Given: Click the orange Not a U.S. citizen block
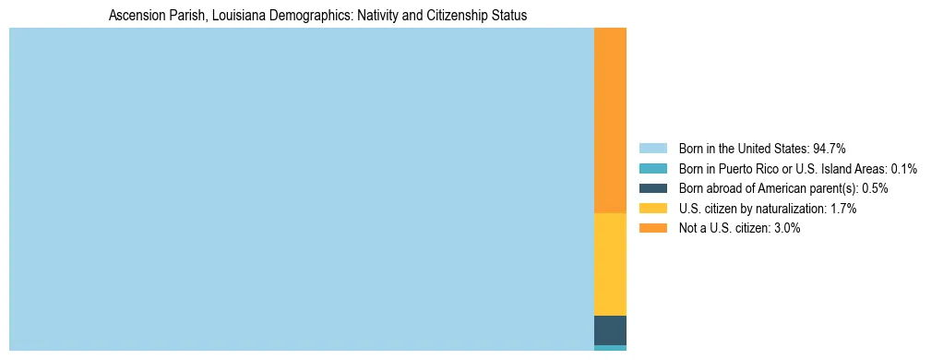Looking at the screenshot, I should tap(610, 120).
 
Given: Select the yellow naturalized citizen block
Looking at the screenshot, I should tap(610, 264).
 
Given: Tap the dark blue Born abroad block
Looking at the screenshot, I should tap(610, 330).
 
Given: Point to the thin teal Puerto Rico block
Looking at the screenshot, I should tap(610, 348).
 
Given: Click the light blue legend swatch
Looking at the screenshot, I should tap(652, 148).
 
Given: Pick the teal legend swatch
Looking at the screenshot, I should tap(652, 168).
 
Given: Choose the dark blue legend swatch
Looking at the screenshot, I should tap(652, 188).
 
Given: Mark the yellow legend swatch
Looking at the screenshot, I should tap(652, 209).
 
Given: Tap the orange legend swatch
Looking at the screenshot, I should tap(652, 228).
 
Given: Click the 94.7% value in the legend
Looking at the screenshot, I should tap(830, 148).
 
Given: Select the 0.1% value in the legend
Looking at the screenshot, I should tap(903, 168).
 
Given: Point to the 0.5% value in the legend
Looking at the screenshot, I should tap(875, 188).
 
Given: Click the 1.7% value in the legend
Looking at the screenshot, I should tap(843, 209).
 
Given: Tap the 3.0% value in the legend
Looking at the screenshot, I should tap(787, 228).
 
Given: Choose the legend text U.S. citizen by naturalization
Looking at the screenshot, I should tap(752, 209).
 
